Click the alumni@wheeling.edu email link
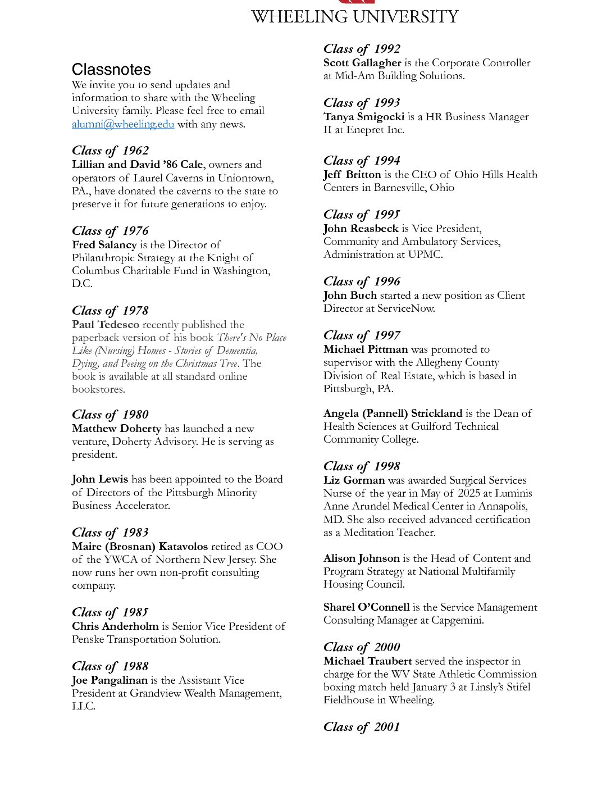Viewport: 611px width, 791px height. click(x=122, y=124)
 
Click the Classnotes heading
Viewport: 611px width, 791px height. click(x=111, y=70)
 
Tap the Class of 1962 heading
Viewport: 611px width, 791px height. click(x=110, y=151)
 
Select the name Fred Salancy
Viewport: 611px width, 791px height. click(x=104, y=245)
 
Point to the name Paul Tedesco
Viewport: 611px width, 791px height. click(x=105, y=325)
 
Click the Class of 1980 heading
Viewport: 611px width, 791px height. click(x=110, y=415)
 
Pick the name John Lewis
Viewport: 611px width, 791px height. click(x=100, y=479)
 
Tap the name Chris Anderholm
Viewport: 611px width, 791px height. click(x=115, y=626)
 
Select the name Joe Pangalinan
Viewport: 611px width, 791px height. click(x=110, y=680)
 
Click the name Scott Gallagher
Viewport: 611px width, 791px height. click(x=362, y=63)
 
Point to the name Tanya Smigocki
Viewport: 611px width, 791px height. click(x=363, y=117)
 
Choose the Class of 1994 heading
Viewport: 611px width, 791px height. click(x=362, y=161)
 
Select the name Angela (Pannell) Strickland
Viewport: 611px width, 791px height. click(x=393, y=413)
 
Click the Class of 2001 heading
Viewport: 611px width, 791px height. click(x=362, y=727)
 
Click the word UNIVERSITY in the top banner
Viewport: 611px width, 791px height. click(x=404, y=17)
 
